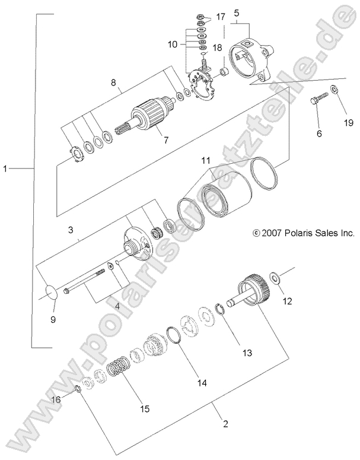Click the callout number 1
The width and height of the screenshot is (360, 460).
coord(5,169)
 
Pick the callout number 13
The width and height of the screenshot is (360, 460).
coord(246,353)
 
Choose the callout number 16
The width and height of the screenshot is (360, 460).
coord(58,400)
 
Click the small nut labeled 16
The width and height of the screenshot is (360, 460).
coord(77,389)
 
